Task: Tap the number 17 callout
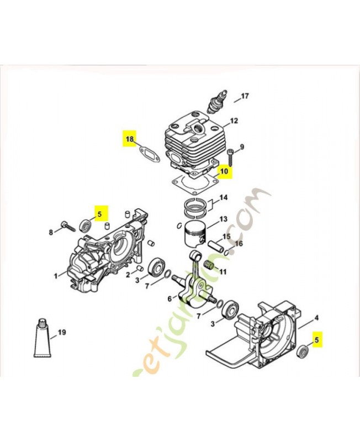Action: (245, 96)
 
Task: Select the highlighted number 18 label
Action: (129, 139)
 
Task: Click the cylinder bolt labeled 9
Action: (231, 156)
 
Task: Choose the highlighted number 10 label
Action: (224, 171)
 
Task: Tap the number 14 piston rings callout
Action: (224, 197)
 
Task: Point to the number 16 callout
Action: (239, 244)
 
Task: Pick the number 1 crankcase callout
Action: (55, 275)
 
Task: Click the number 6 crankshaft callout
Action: (170, 299)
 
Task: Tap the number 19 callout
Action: (62, 332)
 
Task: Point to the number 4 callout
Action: (316, 318)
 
